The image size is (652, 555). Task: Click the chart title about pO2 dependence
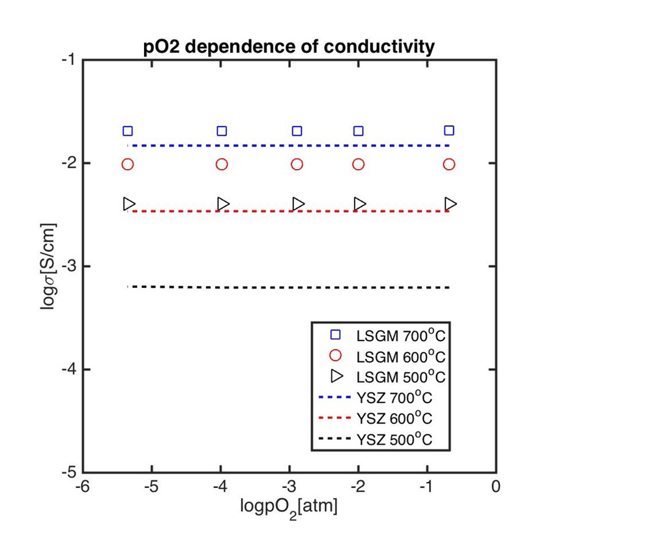[x=289, y=48]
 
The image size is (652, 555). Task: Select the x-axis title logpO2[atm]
[x=289, y=506]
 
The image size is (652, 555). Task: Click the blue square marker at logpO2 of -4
[x=222, y=131]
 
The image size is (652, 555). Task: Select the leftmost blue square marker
[x=128, y=131]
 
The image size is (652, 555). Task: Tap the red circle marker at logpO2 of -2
[x=359, y=164]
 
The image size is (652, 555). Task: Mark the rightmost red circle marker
[x=449, y=164]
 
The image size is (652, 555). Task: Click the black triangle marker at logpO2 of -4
[x=223, y=204]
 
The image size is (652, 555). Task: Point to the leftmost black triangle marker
[x=128, y=204]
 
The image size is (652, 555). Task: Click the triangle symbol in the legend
[x=336, y=377]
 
